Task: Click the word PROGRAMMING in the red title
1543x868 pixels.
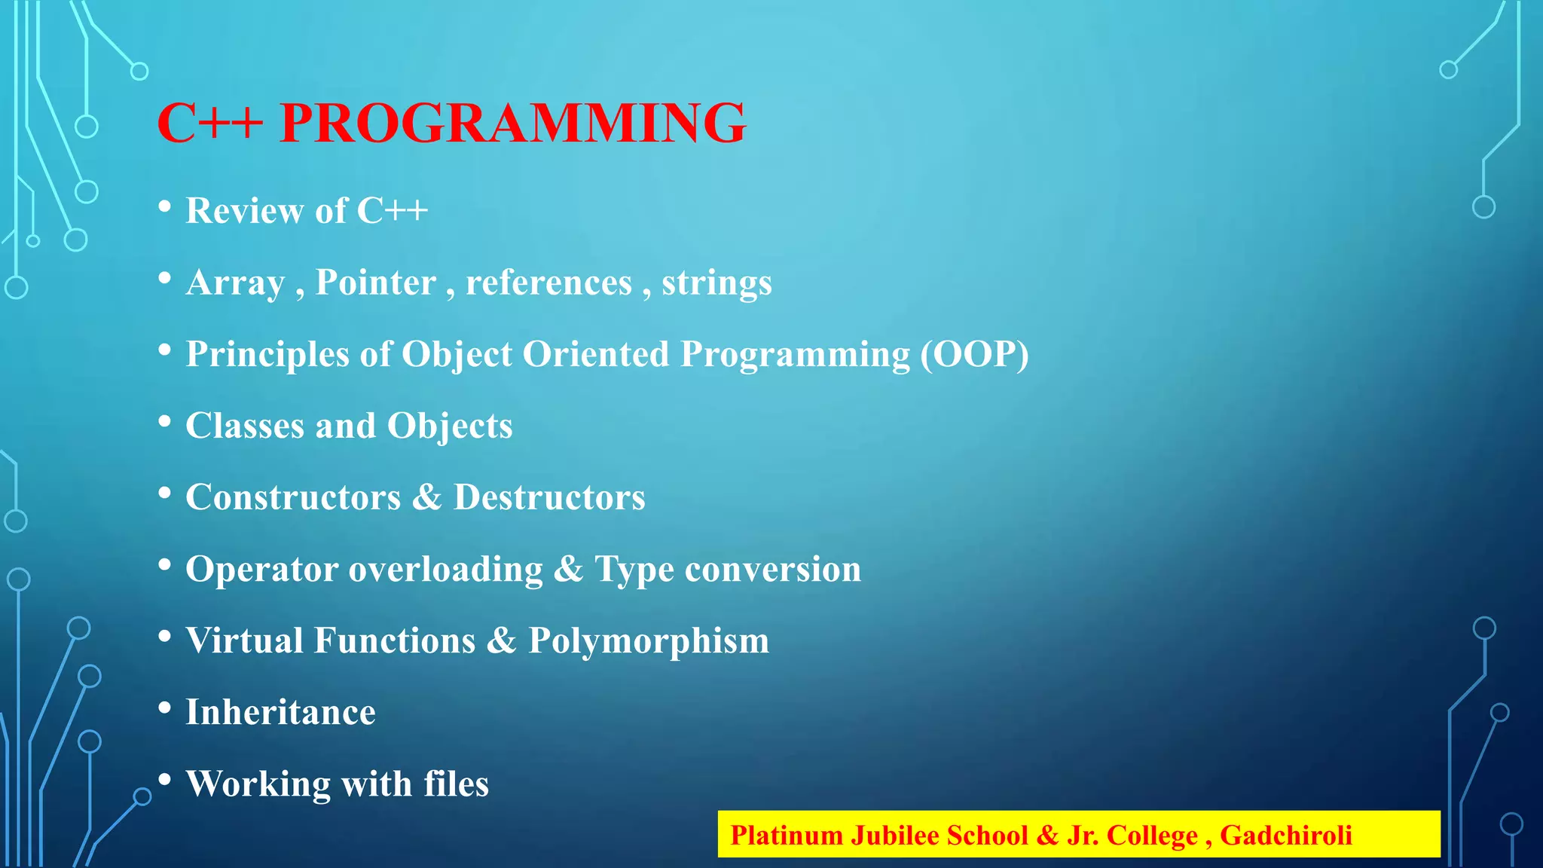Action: coord(512,123)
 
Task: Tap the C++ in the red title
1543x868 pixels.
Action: coord(209,123)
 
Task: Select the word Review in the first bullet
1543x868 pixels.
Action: coord(244,210)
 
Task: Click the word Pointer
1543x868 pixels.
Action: coord(375,283)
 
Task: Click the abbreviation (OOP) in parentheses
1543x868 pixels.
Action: coord(974,354)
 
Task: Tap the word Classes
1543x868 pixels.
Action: coord(245,426)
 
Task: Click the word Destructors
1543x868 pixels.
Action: coord(549,497)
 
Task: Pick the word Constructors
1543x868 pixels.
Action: coord(293,497)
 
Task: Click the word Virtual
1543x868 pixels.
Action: coord(244,640)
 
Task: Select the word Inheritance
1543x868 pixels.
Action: coord(280,712)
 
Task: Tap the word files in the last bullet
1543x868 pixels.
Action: coord(456,784)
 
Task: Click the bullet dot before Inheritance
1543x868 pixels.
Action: coord(165,708)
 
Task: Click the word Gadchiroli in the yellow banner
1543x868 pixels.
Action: coord(1285,836)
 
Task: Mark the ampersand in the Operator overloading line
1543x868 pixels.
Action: coord(568,569)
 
